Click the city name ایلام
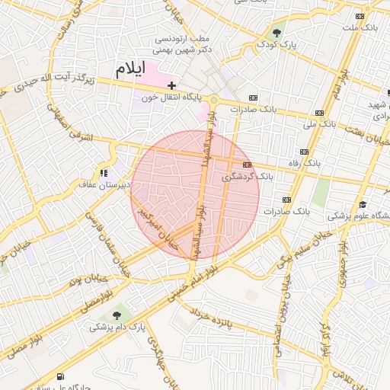(129, 69)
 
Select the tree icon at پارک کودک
(276, 33)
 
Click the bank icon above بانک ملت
(360, 16)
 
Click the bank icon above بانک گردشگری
(247, 164)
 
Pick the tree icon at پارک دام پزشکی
(116, 315)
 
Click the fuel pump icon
(60, 376)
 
